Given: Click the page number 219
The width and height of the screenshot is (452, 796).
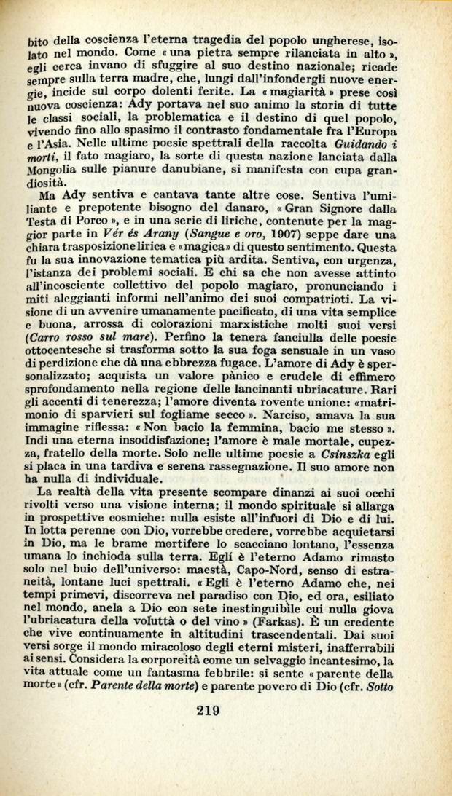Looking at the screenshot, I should click(208, 711).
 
